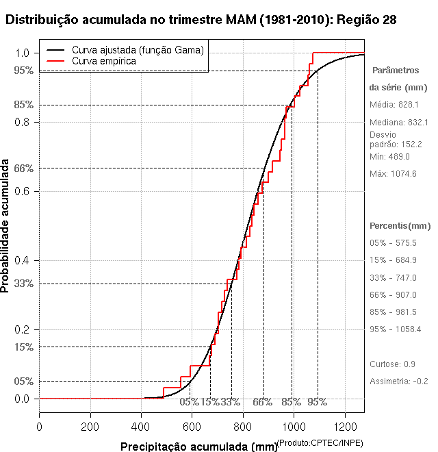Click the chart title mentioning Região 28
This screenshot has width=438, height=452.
point(201,20)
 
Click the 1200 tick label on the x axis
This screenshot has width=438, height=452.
point(344,426)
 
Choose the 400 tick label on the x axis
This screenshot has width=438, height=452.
point(141,426)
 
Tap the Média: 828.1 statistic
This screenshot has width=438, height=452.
point(394,105)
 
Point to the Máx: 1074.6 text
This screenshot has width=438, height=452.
point(393,174)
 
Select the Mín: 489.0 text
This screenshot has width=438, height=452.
point(389,157)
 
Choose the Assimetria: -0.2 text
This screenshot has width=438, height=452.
point(399,381)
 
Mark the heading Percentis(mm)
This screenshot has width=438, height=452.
point(400,225)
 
